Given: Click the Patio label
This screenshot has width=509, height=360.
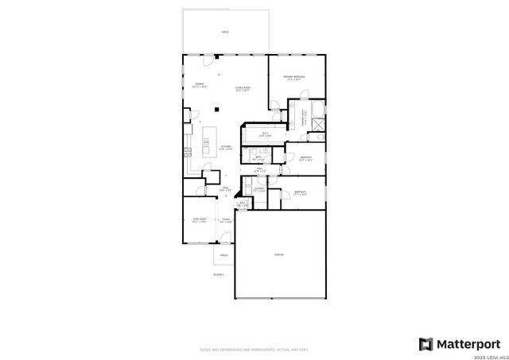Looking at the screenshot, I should coord(225,33).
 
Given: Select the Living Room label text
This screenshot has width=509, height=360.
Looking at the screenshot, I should coord(242,89).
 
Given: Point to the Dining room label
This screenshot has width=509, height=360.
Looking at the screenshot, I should coord(200,85).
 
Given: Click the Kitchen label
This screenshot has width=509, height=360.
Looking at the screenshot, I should coord(226,148).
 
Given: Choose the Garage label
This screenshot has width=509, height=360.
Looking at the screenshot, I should coord(279,254).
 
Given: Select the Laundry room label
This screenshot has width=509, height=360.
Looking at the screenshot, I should coord(259,189).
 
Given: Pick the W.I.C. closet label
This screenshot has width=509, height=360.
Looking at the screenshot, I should coord(266,135).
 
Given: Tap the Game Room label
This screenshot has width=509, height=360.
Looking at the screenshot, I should coord(199,220).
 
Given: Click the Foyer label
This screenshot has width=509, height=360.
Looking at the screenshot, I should coord(226,220).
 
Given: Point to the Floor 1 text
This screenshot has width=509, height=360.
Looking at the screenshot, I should coord(219,274).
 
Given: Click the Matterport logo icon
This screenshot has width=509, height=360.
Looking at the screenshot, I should coord(426,344).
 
